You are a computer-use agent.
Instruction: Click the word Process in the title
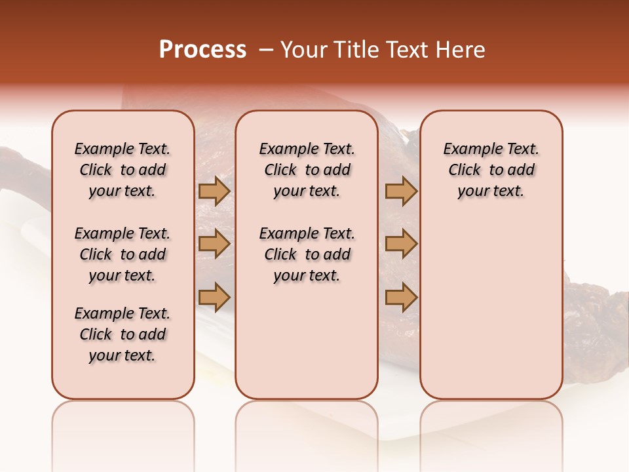pyautogui.click(x=202, y=50)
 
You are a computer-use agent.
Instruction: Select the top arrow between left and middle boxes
pyautogui.click(x=214, y=191)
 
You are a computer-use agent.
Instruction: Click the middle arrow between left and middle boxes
pyautogui.click(x=214, y=244)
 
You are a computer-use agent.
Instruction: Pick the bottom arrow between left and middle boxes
pyautogui.click(x=214, y=298)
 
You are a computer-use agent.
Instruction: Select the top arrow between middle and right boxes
pyautogui.click(x=401, y=191)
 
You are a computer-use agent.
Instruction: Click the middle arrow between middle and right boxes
pyautogui.click(x=401, y=244)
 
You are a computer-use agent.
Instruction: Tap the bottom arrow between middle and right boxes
pyautogui.click(x=401, y=298)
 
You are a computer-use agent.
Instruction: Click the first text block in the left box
pyautogui.click(x=123, y=170)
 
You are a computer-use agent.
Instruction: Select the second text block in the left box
pyautogui.click(x=123, y=254)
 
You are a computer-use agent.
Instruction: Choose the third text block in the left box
pyautogui.click(x=123, y=334)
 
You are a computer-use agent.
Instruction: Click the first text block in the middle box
pyautogui.click(x=307, y=170)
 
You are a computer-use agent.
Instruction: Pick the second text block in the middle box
pyautogui.click(x=307, y=254)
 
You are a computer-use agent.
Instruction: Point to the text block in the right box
pyautogui.click(x=491, y=170)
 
